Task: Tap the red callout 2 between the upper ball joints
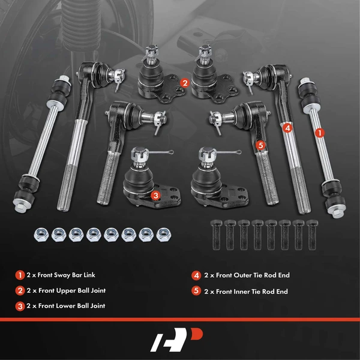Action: coord(185,84)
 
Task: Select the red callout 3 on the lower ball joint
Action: coord(155,195)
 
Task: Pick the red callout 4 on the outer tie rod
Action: coord(288,127)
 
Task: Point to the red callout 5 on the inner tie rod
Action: coord(260,145)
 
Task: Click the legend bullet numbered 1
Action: coord(20,275)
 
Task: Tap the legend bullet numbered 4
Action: coord(196,275)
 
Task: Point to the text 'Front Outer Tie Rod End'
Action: coord(251,275)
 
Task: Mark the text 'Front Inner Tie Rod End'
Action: coord(250,291)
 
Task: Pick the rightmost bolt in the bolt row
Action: coord(311,236)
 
